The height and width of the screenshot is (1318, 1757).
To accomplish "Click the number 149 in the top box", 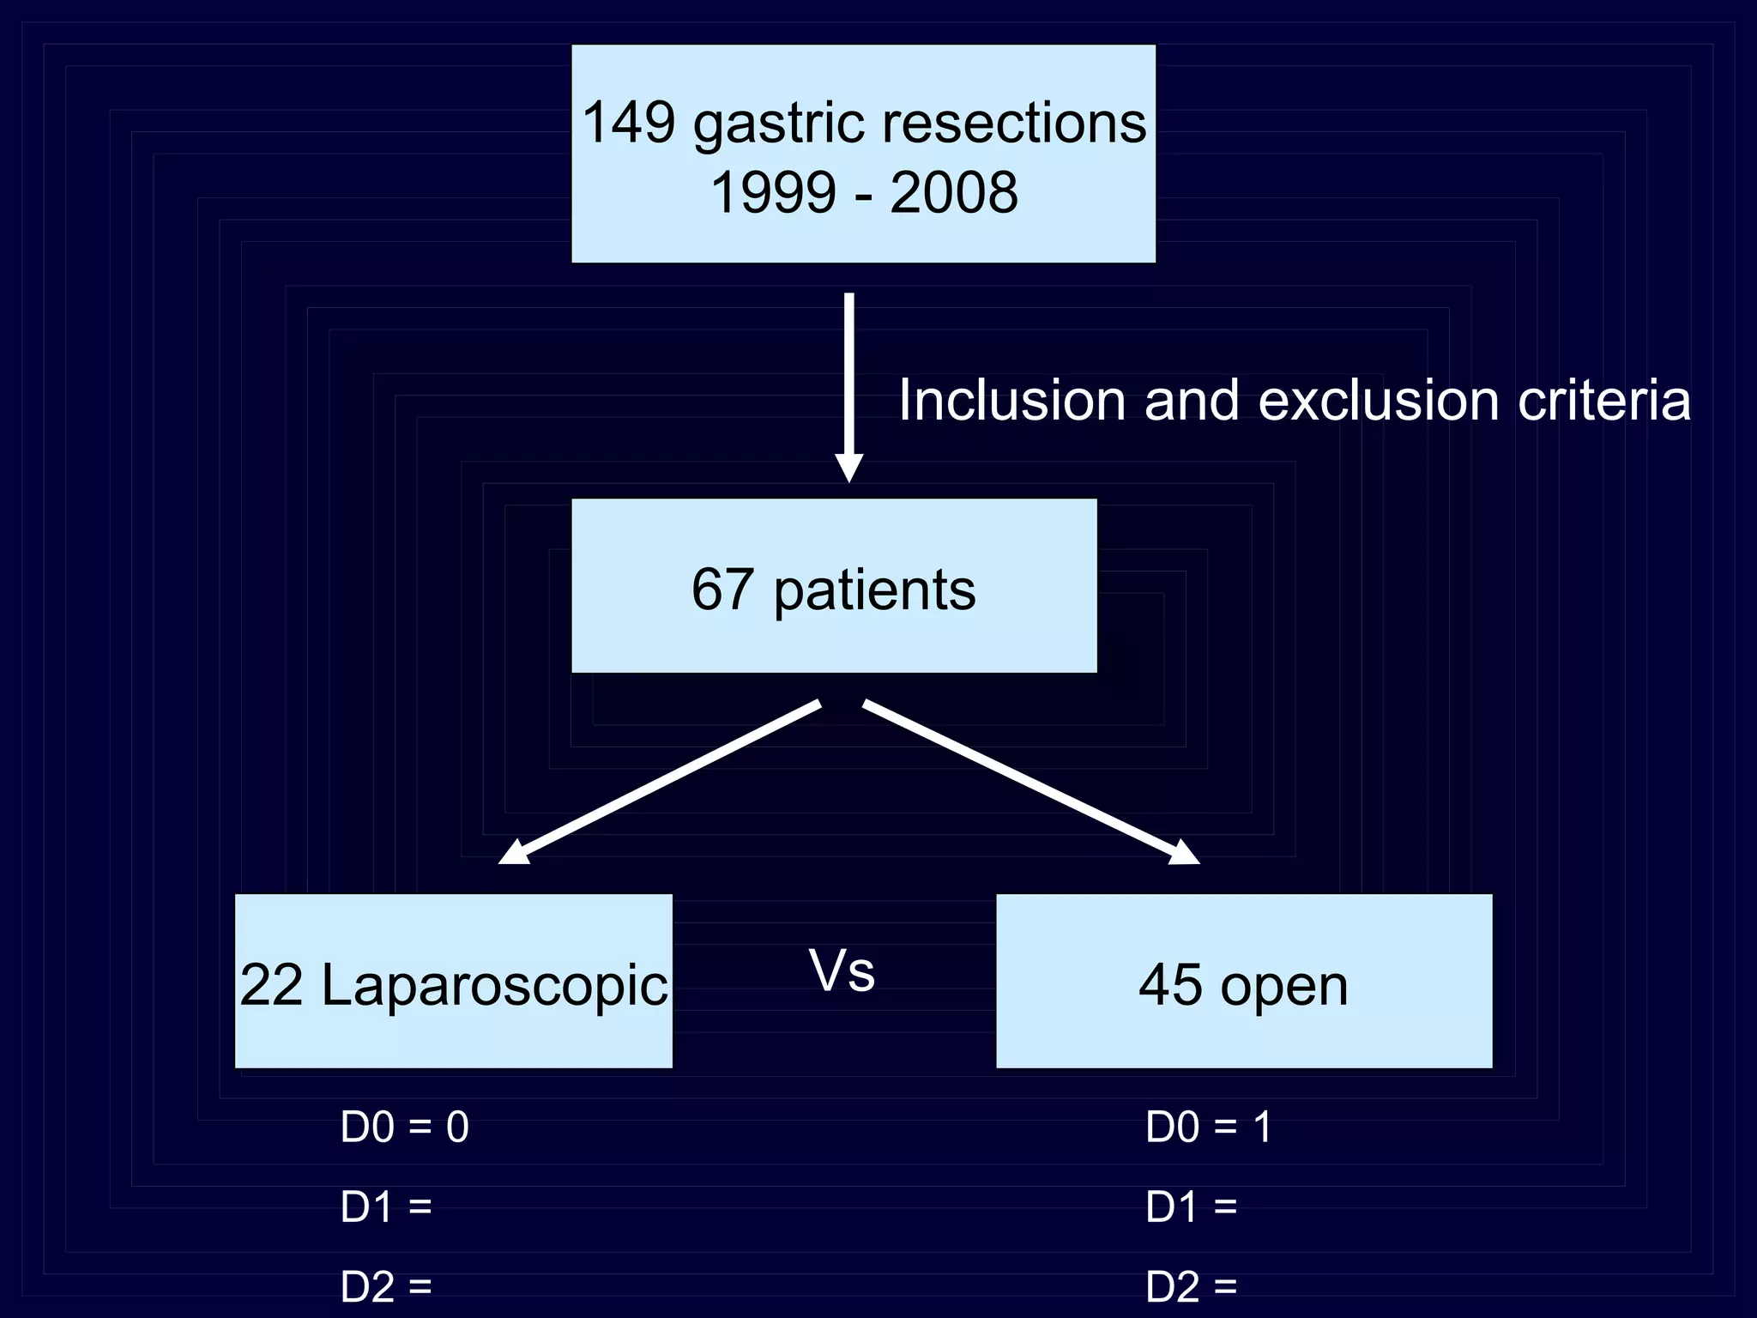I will (628, 123).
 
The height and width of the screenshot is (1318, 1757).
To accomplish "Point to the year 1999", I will (773, 192).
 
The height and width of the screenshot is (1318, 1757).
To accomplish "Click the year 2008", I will (954, 192).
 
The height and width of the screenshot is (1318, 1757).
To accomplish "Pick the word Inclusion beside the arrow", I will (1011, 401).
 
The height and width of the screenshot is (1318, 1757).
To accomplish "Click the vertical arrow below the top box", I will (848, 386).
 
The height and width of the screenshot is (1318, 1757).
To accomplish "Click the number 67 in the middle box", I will (723, 589).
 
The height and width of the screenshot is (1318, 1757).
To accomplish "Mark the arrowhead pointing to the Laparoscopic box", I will (515, 852).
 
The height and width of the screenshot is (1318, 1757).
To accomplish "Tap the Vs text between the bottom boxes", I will (842, 972).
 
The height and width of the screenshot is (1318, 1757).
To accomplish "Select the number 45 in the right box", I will (1170, 985).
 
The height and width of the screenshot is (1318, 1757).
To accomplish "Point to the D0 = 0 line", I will (404, 1127).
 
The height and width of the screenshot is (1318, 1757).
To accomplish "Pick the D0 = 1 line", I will (1208, 1127).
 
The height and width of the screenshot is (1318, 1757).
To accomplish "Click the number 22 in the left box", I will (271, 985).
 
